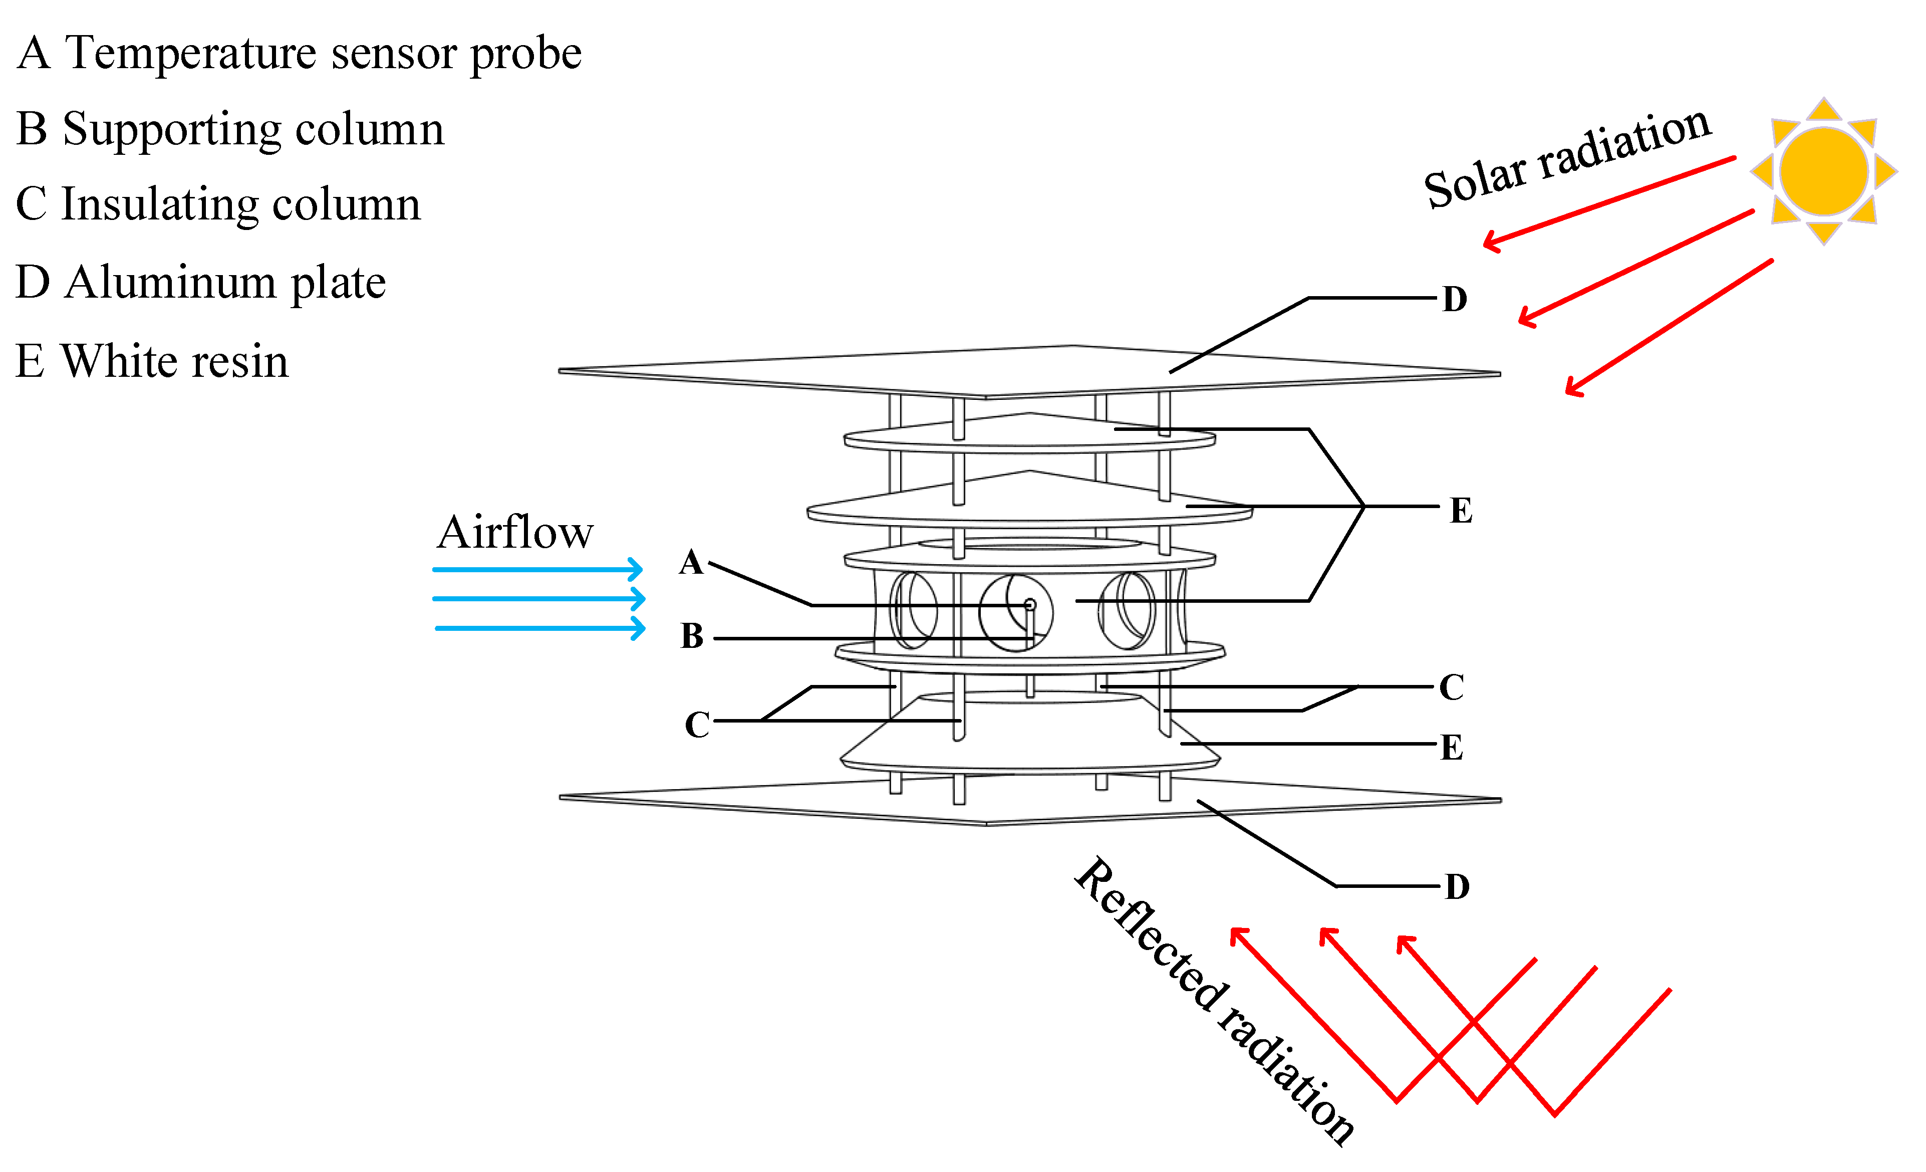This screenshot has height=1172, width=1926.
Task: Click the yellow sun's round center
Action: tap(1824, 171)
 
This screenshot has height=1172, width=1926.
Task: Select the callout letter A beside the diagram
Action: tap(691, 562)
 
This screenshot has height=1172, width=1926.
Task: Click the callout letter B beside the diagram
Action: tap(692, 636)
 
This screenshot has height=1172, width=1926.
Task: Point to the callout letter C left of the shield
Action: tap(696, 725)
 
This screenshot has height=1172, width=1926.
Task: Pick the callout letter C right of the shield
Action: tap(1452, 687)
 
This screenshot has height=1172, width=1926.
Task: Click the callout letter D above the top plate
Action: tap(1455, 299)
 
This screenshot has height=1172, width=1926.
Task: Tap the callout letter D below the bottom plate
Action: tap(1457, 886)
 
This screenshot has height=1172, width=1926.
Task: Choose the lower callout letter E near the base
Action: tap(1452, 748)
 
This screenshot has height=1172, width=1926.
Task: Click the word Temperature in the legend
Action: tap(189, 53)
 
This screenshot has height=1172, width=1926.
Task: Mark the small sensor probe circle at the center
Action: tap(1029, 604)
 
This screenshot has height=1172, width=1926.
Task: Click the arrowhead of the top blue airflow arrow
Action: tap(637, 569)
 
